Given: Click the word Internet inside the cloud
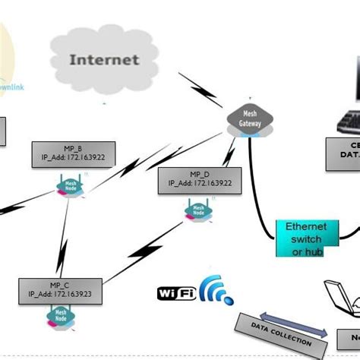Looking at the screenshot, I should [104, 59].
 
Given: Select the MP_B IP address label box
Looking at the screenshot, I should [73, 154].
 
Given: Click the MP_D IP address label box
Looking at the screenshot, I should [200, 179].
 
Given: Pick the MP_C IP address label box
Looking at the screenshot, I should [60, 290].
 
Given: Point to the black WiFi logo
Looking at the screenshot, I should [178, 292].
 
